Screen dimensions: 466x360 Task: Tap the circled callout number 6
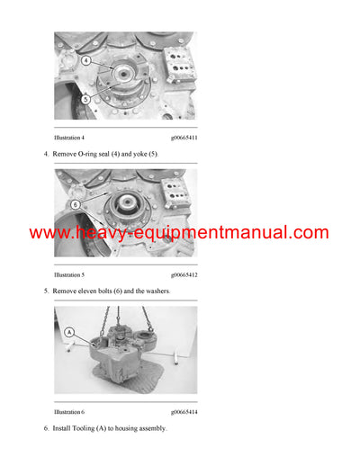(76, 204)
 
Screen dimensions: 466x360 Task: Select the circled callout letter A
(69, 332)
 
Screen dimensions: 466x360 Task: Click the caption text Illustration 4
(69, 138)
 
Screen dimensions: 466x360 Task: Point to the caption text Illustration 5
(69, 273)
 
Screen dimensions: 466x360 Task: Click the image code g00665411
(183, 138)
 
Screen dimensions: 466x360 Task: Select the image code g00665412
(183, 273)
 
